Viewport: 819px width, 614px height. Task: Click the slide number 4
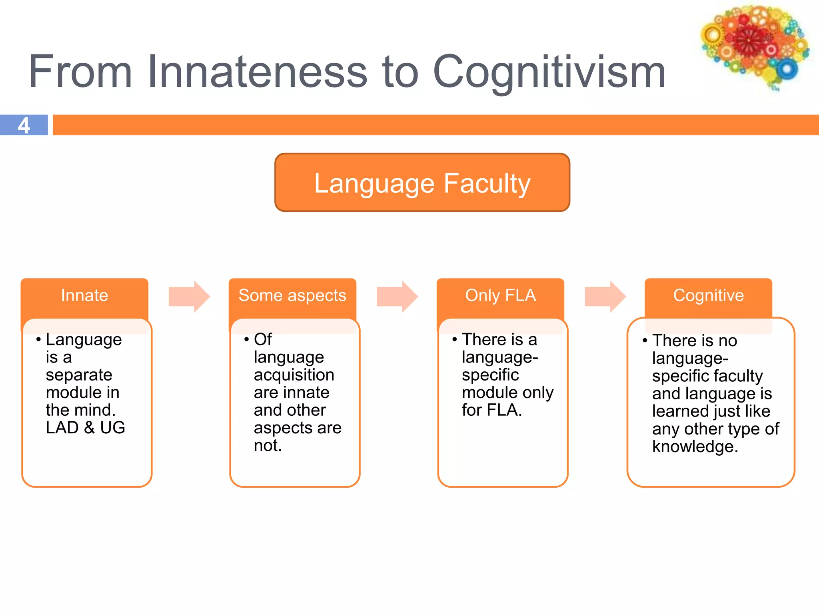(24, 126)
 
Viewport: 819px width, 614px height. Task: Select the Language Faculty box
(422, 183)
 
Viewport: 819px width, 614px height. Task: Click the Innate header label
(84, 295)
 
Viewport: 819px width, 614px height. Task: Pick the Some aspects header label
(292, 295)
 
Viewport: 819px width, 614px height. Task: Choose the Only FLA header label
(500, 295)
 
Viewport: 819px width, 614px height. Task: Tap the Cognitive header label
(708, 295)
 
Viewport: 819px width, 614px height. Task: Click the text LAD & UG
(85, 428)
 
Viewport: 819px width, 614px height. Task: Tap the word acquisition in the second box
(294, 375)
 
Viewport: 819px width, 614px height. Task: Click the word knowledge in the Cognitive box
(695, 447)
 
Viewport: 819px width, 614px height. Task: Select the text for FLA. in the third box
(492, 410)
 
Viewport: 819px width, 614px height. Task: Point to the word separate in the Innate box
(79, 375)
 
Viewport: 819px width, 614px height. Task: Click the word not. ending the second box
(268, 446)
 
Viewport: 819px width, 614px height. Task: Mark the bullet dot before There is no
(645, 341)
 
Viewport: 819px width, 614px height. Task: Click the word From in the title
(80, 72)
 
